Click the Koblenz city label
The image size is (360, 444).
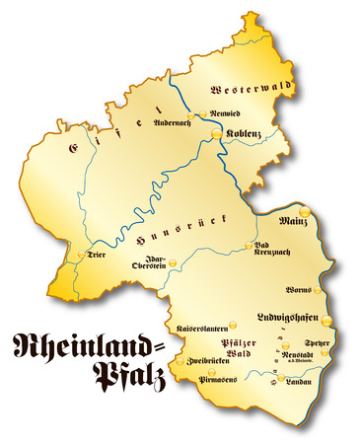tap(246, 132)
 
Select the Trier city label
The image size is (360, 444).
tap(96, 254)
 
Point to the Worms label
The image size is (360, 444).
tap(298, 290)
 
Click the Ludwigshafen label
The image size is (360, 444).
tap(287, 317)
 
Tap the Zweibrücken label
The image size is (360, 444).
tap(206, 362)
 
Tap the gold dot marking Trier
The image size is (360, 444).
tap(80, 256)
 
